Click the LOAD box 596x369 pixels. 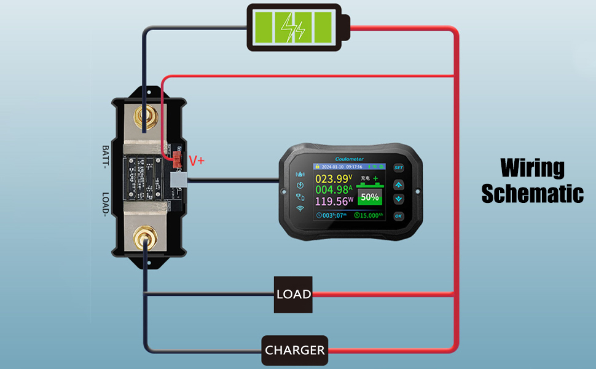(292, 295)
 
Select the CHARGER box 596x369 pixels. (295, 351)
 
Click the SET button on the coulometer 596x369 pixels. (398, 168)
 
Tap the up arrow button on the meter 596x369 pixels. (398, 184)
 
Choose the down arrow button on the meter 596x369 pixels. (398, 199)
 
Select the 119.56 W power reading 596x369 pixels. (334, 202)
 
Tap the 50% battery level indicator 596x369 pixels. (369, 197)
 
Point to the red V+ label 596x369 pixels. (197, 161)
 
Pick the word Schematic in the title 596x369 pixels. (531, 193)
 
